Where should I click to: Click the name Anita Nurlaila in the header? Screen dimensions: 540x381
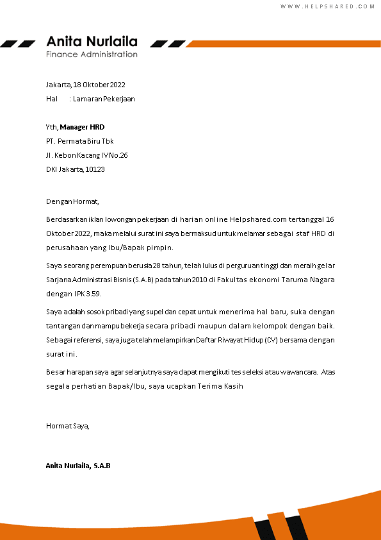[92, 42]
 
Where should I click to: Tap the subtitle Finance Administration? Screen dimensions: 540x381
[92, 55]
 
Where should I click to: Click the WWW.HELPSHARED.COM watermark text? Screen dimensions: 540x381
[327, 6]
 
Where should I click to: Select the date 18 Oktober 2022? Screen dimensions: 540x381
[99, 85]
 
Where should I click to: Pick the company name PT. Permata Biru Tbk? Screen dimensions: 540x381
[80, 141]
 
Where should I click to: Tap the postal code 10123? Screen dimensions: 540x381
[95, 169]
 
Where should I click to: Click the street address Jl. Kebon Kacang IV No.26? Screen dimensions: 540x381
[87, 155]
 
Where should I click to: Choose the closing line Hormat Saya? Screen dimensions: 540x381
[68, 425]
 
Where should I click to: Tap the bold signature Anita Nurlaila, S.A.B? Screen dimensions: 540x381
[78, 466]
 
